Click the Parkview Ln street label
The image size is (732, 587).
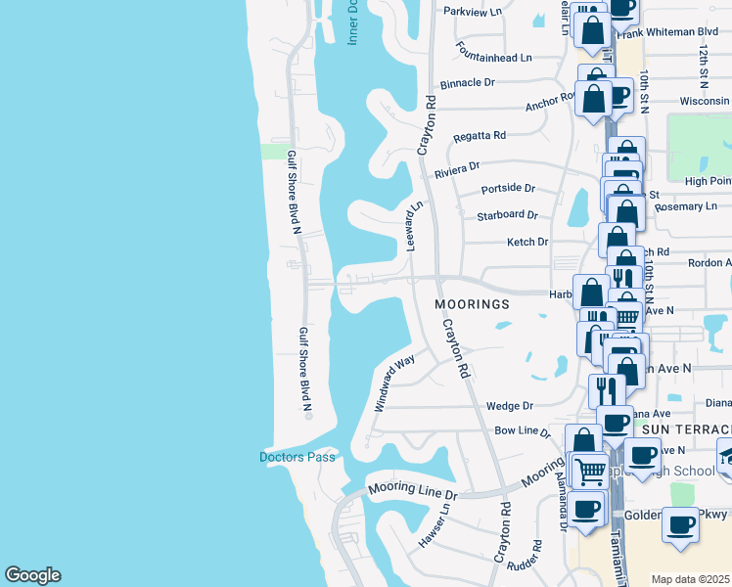(x=473, y=11)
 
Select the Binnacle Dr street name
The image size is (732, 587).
(x=468, y=84)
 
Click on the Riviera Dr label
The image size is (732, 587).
(x=457, y=170)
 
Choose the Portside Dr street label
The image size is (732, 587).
(x=509, y=188)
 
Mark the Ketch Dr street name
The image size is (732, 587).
(x=526, y=242)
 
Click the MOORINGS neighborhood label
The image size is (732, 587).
(x=473, y=304)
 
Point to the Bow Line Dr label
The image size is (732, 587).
(x=523, y=430)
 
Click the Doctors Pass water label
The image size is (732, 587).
(x=297, y=457)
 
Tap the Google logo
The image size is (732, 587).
(x=32, y=575)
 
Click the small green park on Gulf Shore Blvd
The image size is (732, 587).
(x=275, y=151)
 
